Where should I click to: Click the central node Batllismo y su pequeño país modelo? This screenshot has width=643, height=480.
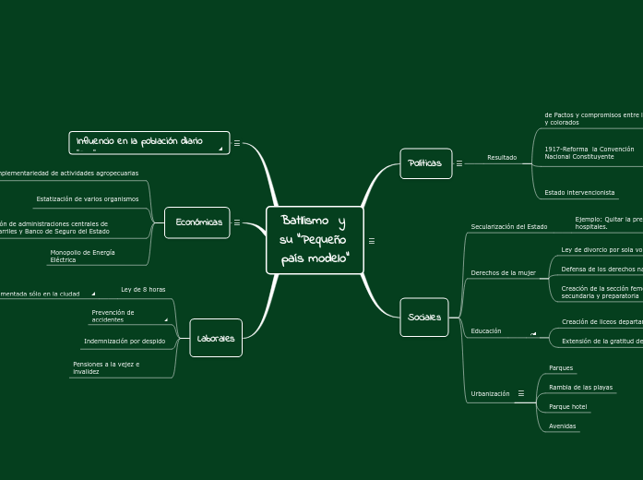(315, 240)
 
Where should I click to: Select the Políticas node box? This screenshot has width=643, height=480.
(425, 163)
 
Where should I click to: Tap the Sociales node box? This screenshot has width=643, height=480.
(424, 318)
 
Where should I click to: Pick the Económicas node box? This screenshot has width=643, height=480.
(198, 222)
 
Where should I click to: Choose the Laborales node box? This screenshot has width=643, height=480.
(216, 338)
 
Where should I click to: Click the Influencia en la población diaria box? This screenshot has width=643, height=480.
(149, 142)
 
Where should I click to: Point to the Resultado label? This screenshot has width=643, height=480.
(502, 158)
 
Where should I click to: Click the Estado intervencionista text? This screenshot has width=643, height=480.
(579, 193)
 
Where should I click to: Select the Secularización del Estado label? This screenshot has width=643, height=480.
(508, 226)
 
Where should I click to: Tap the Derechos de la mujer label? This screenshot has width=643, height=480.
(503, 273)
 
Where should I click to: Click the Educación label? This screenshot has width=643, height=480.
(486, 330)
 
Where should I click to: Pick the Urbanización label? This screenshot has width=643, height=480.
(490, 394)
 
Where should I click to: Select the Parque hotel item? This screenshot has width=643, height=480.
(567, 406)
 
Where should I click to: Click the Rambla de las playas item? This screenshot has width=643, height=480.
(580, 388)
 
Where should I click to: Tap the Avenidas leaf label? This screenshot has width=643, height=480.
(562, 426)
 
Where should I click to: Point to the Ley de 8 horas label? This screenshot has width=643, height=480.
(143, 290)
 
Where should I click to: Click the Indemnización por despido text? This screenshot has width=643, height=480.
(125, 341)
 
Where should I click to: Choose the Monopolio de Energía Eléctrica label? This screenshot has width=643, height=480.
(82, 256)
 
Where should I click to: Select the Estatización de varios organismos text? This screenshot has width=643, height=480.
(87, 198)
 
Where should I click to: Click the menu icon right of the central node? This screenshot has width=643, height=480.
(371, 241)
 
